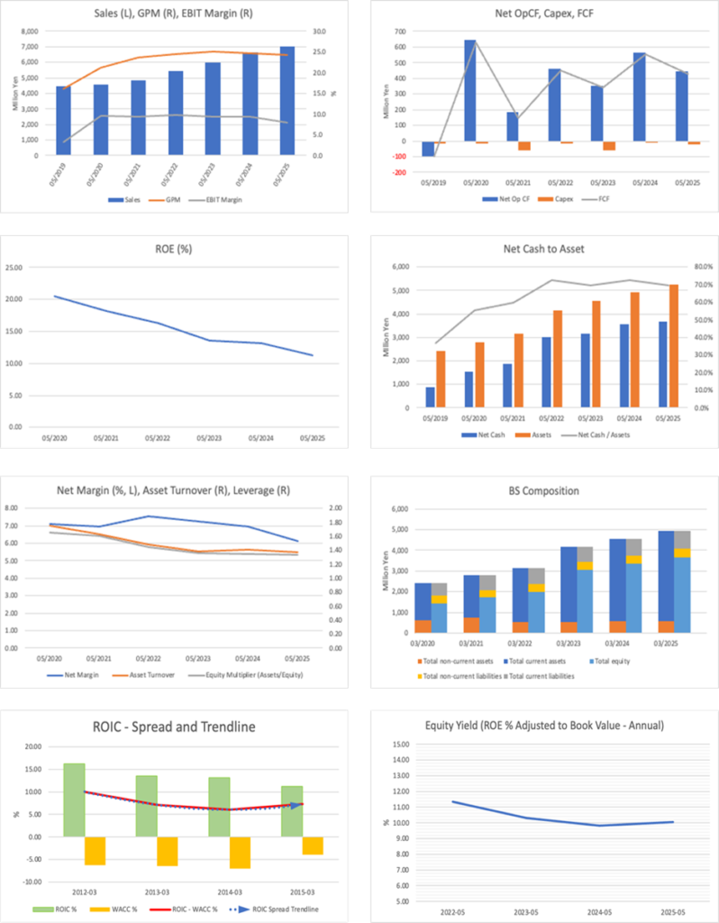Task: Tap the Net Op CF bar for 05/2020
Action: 470,90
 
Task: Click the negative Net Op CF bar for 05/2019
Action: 428,149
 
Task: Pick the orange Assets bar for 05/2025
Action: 673,346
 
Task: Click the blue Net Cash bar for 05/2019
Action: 430,398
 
